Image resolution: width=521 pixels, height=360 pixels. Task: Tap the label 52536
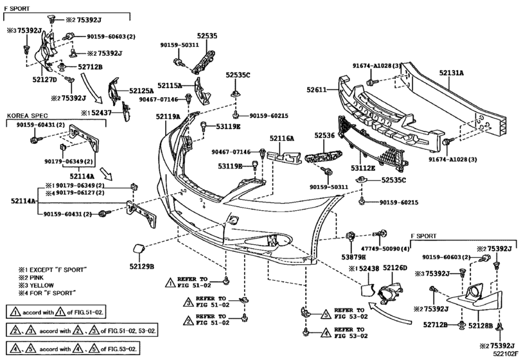click(x=324, y=136)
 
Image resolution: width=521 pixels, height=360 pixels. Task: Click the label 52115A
click(x=170, y=85)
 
